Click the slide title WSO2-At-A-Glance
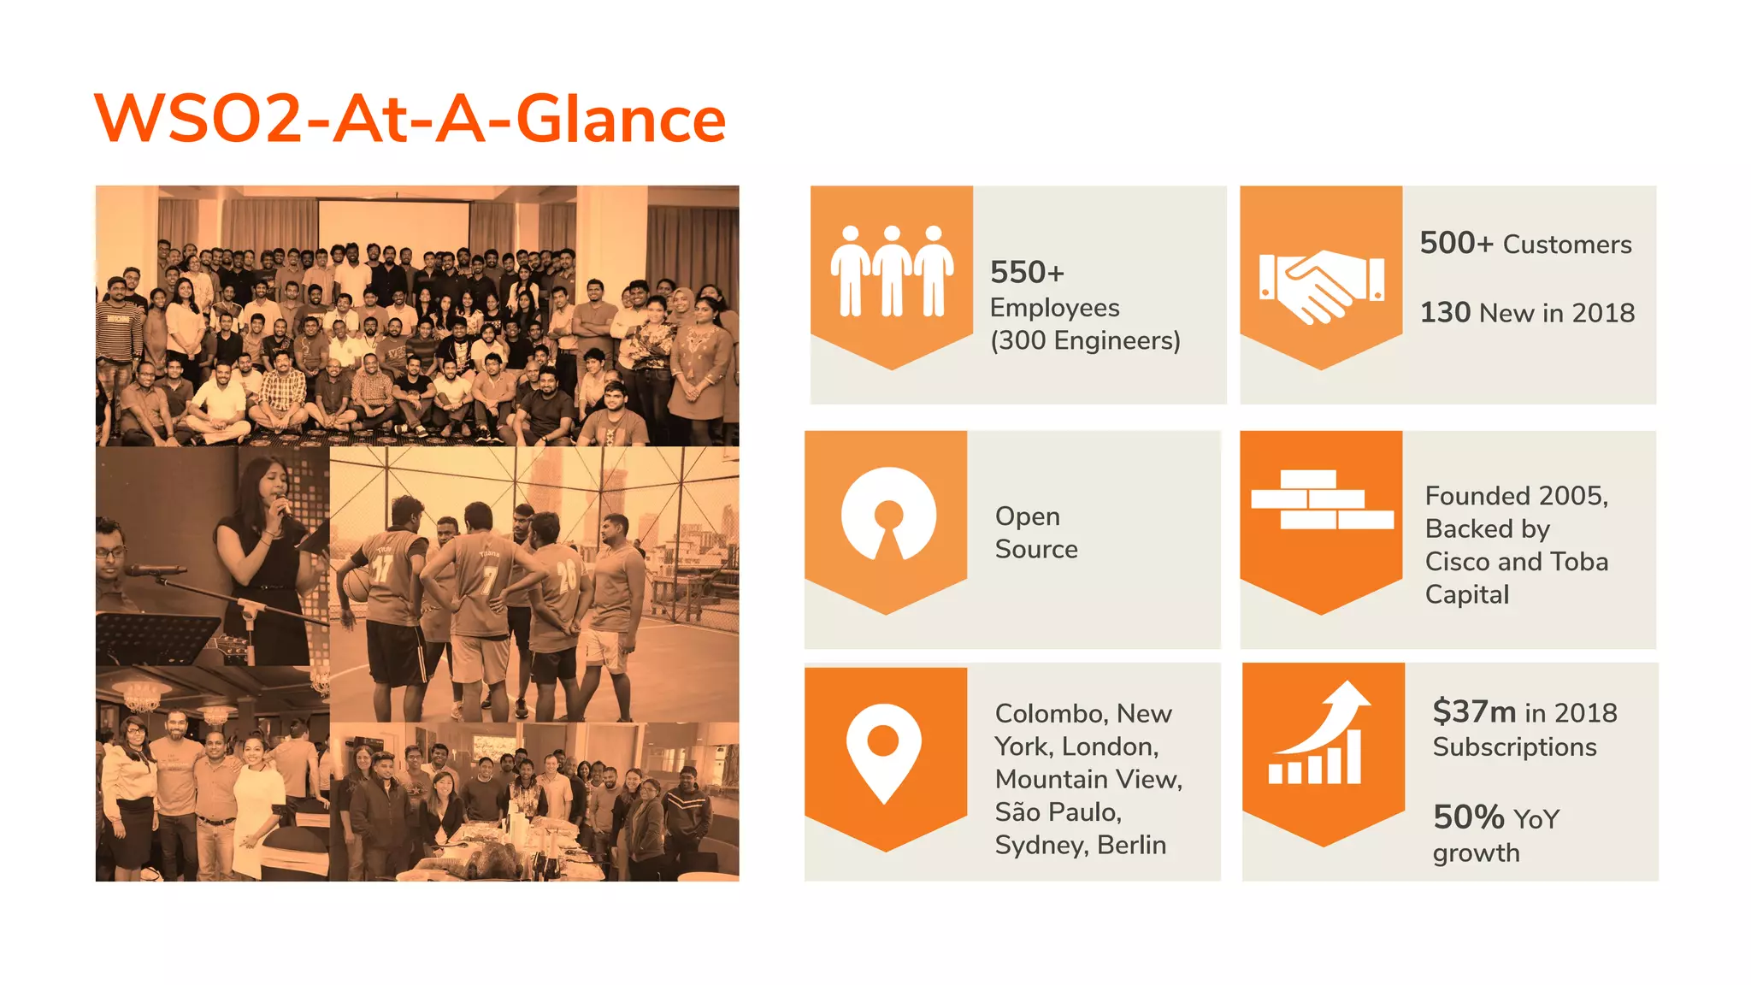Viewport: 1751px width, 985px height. [410, 119]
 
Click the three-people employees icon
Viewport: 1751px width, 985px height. [892, 272]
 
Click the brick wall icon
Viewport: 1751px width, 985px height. [1321, 499]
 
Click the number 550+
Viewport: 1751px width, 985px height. [1027, 273]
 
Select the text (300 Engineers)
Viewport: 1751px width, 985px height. [1084, 340]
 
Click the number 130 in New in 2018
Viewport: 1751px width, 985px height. [1445, 312]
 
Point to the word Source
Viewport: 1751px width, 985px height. [1035, 549]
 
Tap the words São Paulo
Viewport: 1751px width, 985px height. [1057, 811]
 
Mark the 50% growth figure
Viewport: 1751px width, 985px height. [1469, 817]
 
